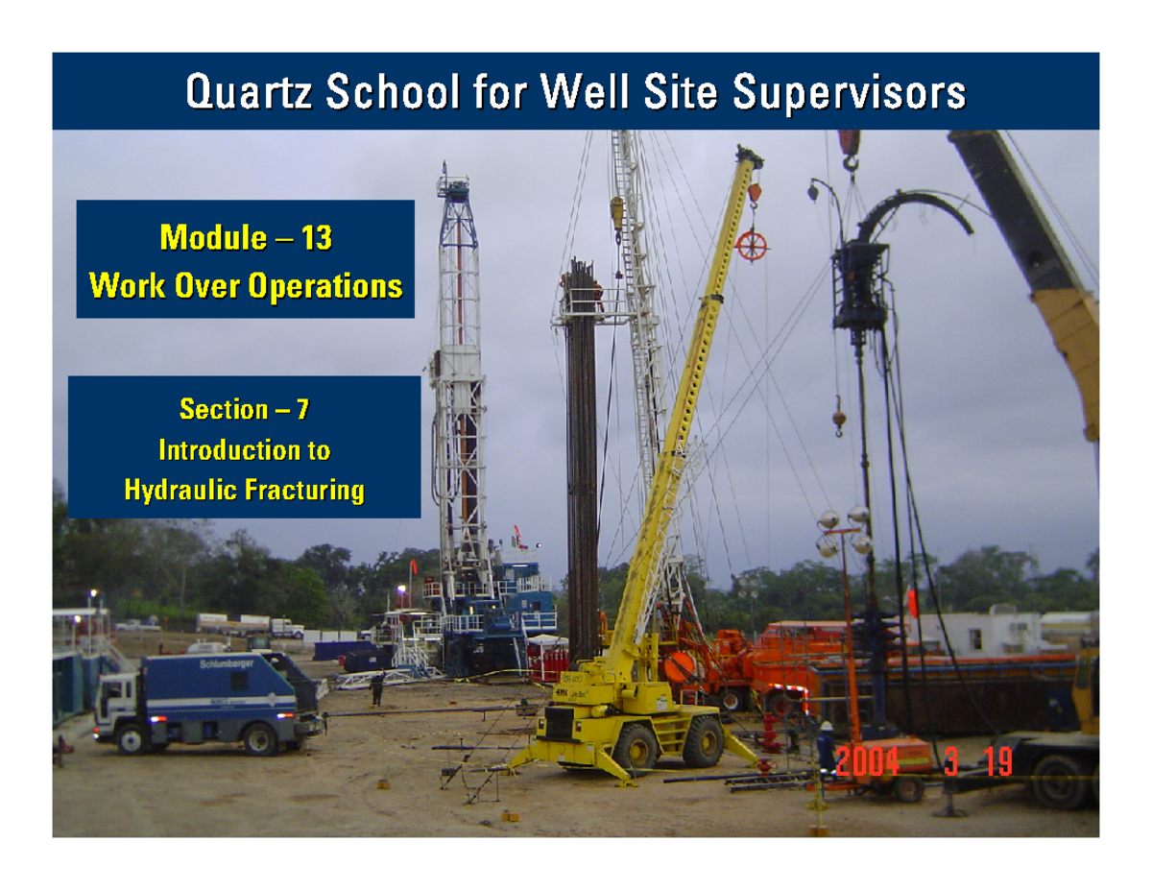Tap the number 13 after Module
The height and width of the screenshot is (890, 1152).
(316, 237)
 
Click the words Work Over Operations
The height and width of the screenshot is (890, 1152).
(245, 285)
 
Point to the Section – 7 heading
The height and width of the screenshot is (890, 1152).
(245, 410)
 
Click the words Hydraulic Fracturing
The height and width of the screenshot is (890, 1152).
(245, 492)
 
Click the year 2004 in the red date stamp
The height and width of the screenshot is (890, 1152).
(867, 763)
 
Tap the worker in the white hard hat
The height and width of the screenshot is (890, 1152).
(827, 744)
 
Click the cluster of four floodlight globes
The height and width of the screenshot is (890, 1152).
(842, 531)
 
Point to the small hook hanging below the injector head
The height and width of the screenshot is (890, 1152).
(838, 419)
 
